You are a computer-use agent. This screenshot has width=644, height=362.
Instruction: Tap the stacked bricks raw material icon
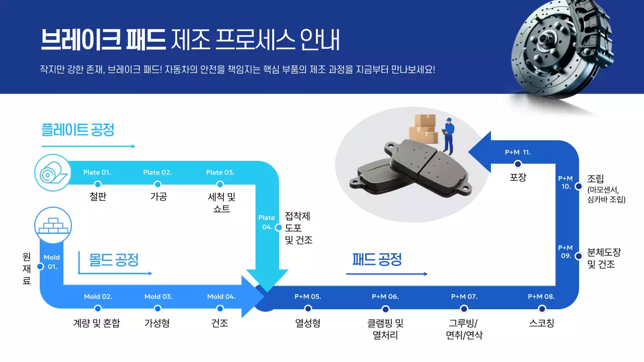click(53, 224)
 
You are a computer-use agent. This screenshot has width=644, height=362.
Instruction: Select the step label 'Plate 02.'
click(157, 172)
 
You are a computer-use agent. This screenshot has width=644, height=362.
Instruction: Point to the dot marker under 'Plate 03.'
click(220, 185)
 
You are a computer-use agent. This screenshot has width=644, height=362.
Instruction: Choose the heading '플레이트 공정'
click(78, 130)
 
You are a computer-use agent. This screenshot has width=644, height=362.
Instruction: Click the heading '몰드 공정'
click(114, 260)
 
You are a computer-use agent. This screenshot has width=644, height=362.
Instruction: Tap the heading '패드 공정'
click(377, 259)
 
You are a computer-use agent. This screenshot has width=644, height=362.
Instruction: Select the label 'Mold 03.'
click(158, 297)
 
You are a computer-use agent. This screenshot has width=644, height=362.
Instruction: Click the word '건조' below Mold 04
click(220, 323)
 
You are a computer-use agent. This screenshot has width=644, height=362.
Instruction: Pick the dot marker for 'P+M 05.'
click(308, 309)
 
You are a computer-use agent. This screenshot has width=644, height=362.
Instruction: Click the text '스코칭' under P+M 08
click(541, 323)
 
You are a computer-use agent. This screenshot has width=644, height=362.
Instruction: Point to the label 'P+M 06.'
click(385, 297)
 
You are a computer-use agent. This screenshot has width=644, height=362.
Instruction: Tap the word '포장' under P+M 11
click(518, 177)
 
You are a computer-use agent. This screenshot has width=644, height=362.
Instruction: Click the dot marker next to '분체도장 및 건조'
click(579, 256)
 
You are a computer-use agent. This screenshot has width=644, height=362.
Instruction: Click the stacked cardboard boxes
click(423, 129)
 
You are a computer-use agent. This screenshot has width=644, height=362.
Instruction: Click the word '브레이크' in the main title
click(81, 39)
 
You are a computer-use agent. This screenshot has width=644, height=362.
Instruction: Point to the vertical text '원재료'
click(27, 268)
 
